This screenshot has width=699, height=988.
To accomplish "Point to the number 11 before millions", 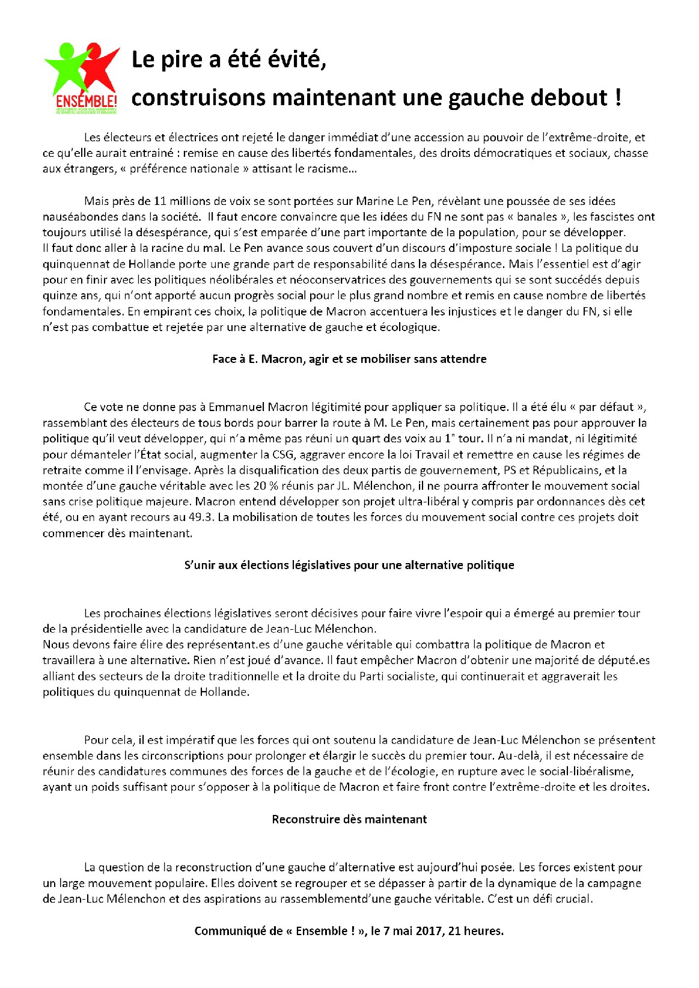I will coord(160,201).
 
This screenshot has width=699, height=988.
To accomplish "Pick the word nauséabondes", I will coord(81,216).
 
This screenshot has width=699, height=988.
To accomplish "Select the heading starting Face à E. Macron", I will coord(349,359).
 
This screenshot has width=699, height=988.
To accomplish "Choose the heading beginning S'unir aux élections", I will coord(349,565).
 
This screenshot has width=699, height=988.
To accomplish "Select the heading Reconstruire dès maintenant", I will coord(349,819).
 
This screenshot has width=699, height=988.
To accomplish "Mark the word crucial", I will coord(574,899).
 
